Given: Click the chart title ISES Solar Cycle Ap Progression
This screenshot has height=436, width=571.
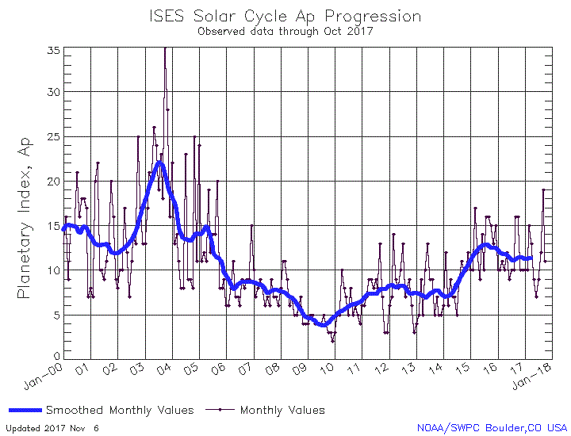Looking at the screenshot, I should coord(285,17).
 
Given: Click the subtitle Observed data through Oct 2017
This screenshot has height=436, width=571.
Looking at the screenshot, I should coord(285,32).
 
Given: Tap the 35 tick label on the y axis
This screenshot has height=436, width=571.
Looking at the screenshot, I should coord(52,50).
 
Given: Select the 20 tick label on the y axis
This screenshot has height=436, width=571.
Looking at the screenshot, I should coord(52,182).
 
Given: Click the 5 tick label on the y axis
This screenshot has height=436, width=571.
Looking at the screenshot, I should coord(56,315).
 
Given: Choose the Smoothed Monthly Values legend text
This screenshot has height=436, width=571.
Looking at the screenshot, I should coord(119,410).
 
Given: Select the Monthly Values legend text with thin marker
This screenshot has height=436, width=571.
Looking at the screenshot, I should coord(282,410).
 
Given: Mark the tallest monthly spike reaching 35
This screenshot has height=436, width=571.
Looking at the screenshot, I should coord(165,48).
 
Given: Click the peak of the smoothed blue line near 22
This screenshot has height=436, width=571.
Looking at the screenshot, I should coord(159,163).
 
